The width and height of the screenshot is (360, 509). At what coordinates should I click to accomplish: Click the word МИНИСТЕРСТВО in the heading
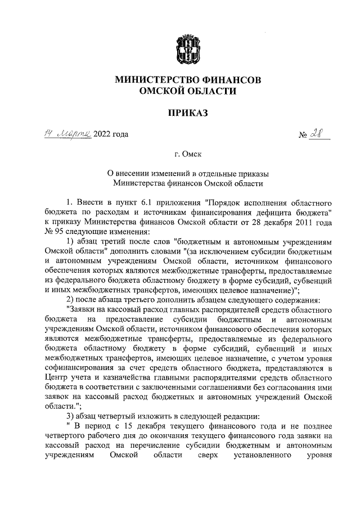click(x=151, y=80)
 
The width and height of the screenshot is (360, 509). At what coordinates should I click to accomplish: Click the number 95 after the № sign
click(x=59, y=232)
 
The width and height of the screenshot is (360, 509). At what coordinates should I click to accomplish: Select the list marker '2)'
click(x=70, y=299)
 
